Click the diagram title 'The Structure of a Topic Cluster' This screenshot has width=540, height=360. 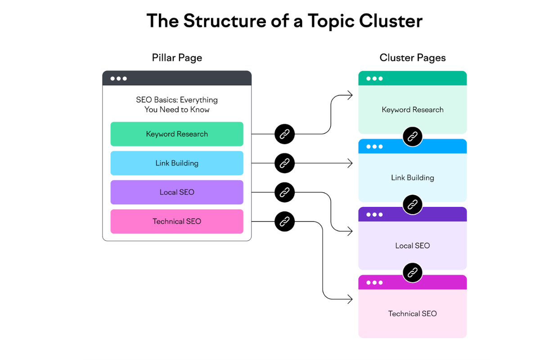(x=284, y=21)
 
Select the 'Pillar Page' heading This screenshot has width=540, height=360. (x=177, y=58)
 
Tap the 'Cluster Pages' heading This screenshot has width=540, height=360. (x=412, y=58)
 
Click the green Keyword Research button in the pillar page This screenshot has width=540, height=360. (x=177, y=134)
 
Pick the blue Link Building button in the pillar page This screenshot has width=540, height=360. (x=177, y=163)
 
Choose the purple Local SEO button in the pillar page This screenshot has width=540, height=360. (x=177, y=192)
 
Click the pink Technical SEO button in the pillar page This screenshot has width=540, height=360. (x=177, y=221)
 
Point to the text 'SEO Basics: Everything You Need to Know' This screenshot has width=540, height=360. (x=177, y=104)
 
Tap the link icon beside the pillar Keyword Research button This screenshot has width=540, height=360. (x=284, y=134)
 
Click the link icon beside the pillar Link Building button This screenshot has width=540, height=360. (x=284, y=163)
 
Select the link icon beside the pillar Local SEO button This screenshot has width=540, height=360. (x=284, y=193)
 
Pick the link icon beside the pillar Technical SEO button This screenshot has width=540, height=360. (x=284, y=221)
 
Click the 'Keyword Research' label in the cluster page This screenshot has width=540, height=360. (x=412, y=110)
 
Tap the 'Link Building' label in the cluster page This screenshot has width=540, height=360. (x=412, y=178)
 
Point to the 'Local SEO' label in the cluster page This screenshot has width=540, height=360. (x=412, y=246)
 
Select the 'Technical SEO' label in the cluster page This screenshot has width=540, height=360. (x=412, y=314)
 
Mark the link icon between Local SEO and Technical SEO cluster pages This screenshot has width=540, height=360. (x=412, y=273)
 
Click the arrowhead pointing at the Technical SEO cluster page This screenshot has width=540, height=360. (x=350, y=299)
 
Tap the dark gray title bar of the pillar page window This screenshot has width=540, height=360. (x=177, y=78)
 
